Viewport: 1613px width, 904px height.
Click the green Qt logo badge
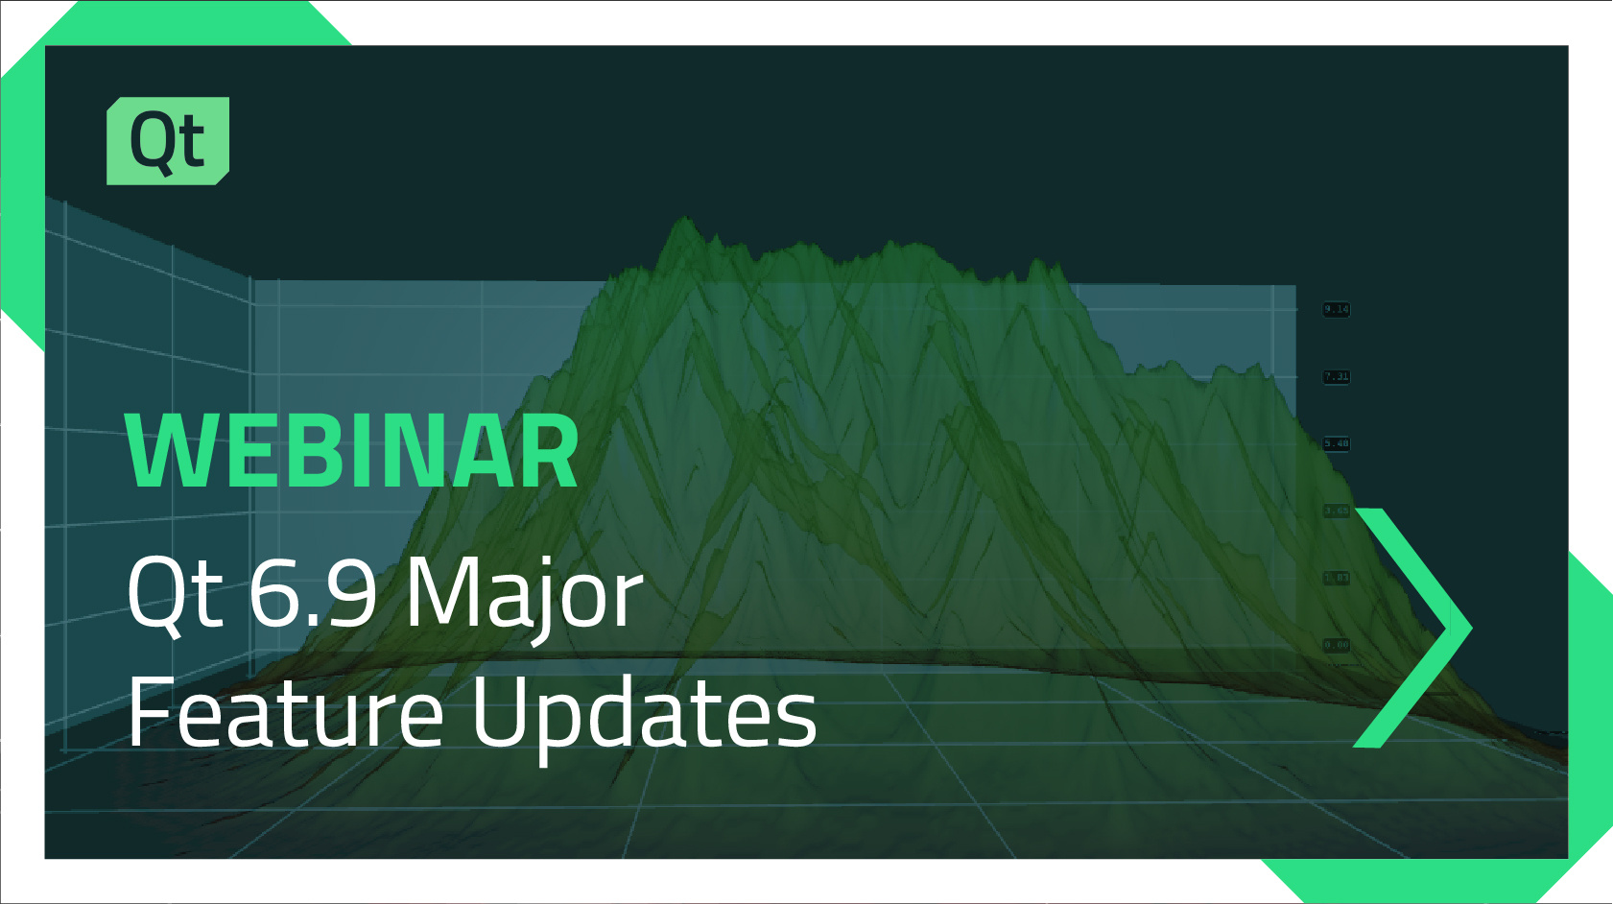pos(168,140)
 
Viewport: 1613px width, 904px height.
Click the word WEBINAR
pos(352,452)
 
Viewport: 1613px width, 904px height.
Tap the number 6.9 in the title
pos(312,594)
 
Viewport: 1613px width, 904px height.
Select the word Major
pos(523,594)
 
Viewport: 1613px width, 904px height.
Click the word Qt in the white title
pos(176,594)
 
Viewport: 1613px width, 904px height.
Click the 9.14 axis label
pos(1337,309)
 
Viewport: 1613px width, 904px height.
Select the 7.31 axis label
pos(1337,376)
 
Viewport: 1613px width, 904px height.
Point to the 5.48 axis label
pos(1337,443)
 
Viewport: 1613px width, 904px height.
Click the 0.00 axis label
pos(1337,645)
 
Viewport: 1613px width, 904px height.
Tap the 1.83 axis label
pos(1337,578)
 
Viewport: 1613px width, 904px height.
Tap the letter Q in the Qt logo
pos(153,142)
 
